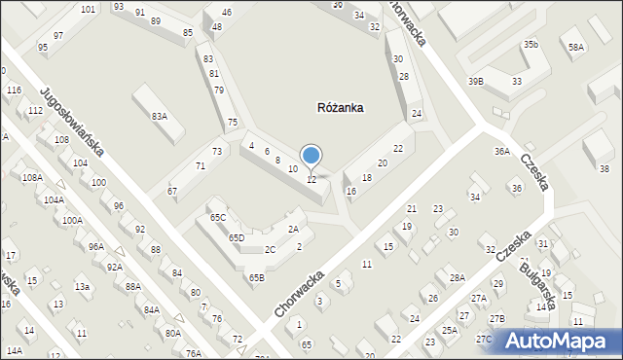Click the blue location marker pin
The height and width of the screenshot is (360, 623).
(311, 156)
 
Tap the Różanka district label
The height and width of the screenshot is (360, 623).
(341, 108)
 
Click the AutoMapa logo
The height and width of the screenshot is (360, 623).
(561, 342)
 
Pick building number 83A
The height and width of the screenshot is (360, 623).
(159, 116)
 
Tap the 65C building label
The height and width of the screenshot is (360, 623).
(218, 217)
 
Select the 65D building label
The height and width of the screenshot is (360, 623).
(236, 237)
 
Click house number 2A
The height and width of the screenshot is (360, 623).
(292, 229)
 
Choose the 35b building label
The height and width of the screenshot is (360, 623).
(530, 45)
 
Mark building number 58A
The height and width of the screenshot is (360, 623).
(577, 47)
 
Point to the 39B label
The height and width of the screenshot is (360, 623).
(476, 82)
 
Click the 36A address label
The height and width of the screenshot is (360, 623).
(502, 151)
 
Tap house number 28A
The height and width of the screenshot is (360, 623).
(457, 278)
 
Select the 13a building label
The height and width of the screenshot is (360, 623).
(83, 286)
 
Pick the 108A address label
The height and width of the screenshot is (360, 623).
(32, 177)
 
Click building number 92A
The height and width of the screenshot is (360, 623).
(115, 267)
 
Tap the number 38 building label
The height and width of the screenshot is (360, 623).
(604, 168)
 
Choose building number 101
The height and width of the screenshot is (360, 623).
(89, 9)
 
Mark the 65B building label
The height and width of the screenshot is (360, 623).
(256, 278)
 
